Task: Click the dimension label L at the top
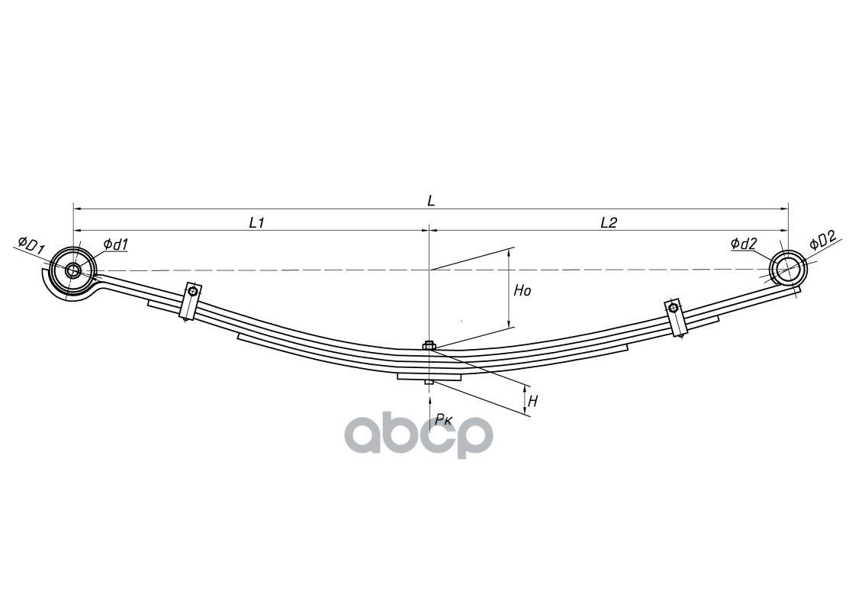[x=431, y=201]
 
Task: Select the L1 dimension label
[x=256, y=222]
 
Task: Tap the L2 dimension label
[x=608, y=222]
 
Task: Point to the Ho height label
[x=522, y=291]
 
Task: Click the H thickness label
[x=533, y=401]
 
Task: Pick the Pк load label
[x=444, y=419]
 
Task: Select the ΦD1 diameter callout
[x=31, y=247]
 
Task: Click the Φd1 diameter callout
[x=115, y=244]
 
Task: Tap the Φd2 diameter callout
[x=743, y=244]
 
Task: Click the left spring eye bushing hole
[x=73, y=270]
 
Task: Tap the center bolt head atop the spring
[x=429, y=346]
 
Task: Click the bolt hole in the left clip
[x=193, y=291]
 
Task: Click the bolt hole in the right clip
[x=673, y=307]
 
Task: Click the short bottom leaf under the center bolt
[x=429, y=377]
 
